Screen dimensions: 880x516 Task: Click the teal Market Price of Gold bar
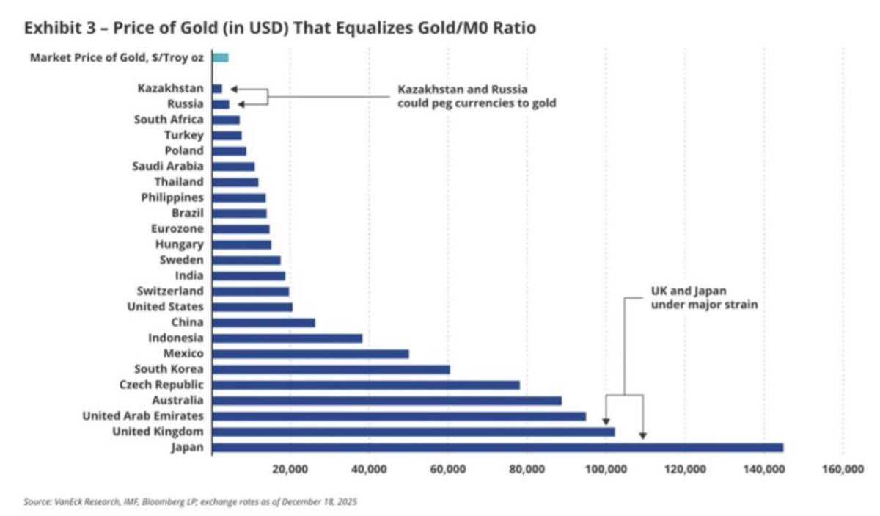click(x=221, y=58)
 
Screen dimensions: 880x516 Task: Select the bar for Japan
click(x=498, y=448)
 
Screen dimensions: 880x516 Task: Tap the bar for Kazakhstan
click(x=217, y=89)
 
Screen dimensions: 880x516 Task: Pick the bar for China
click(x=263, y=323)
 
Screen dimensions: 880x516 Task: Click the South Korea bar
click(x=331, y=370)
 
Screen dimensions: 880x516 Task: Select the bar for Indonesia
click(x=287, y=338)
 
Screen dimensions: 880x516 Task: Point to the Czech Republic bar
click(x=366, y=385)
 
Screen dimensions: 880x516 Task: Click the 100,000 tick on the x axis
click(x=606, y=469)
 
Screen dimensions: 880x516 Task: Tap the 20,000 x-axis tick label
click(x=290, y=469)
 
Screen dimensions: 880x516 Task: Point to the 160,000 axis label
click(x=843, y=469)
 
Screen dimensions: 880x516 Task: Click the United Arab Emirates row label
click(x=143, y=416)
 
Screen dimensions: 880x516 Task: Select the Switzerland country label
click(x=170, y=291)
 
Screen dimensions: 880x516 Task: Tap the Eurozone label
click(x=177, y=229)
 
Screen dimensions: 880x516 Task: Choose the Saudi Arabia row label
click(x=168, y=167)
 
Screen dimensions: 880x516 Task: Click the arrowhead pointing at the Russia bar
click(x=241, y=105)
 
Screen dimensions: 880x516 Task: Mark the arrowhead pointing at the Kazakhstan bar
click(x=234, y=90)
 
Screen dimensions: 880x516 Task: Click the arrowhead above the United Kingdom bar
click(x=606, y=421)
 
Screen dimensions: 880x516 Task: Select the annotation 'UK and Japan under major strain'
click(x=705, y=298)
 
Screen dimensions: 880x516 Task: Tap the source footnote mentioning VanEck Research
click(x=190, y=502)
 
